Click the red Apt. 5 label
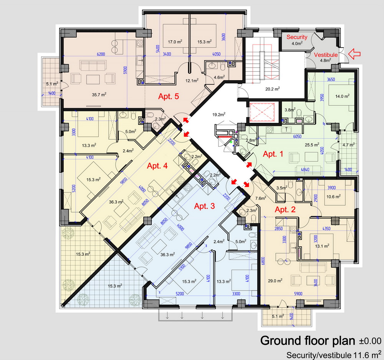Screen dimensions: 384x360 click(x=169, y=96)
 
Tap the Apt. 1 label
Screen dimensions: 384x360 click(x=273, y=154)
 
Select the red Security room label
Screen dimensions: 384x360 click(x=297, y=37)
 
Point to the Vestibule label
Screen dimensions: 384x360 click(x=326, y=55)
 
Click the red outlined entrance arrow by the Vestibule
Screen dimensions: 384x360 click(x=354, y=54)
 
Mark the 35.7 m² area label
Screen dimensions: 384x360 click(x=99, y=94)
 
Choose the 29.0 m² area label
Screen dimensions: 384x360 click(x=275, y=281)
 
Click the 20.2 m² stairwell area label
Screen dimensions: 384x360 click(x=273, y=89)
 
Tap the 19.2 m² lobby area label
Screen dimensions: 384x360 click(x=219, y=114)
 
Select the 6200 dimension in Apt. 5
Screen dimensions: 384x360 click(x=101, y=54)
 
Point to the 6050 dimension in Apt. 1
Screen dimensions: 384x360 click(x=297, y=136)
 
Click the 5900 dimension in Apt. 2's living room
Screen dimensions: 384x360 click(x=298, y=294)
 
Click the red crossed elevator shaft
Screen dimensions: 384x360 click(x=262, y=112)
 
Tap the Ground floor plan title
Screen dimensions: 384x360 click(x=308, y=340)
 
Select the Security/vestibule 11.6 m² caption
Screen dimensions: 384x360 click(x=334, y=354)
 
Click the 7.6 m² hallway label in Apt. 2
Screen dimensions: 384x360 click(x=261, y=198)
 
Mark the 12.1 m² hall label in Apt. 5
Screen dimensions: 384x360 click(x=192, y=80)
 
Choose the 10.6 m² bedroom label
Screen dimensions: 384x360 click(x=333, y=196)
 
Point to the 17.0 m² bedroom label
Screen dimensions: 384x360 click(x=175, y=42)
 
